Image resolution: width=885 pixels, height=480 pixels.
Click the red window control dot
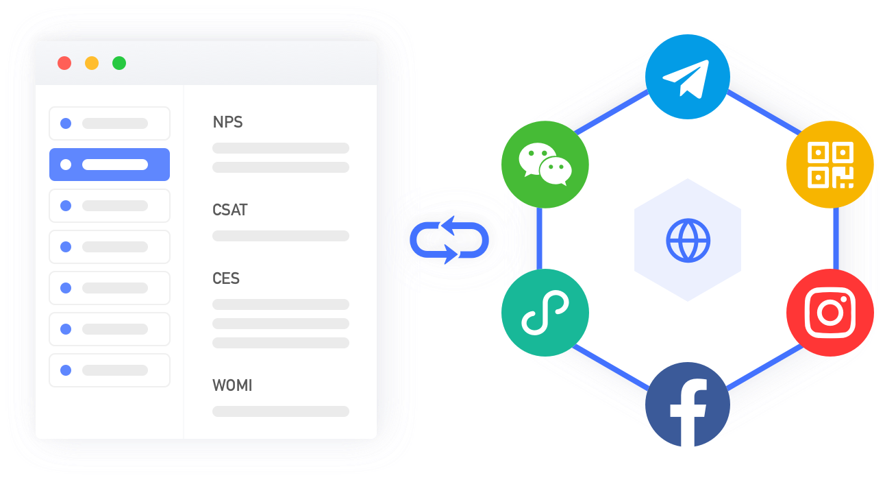64,63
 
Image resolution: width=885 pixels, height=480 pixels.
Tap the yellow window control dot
92,63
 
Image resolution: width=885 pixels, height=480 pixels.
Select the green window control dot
119,63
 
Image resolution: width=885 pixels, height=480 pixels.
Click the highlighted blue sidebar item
110,165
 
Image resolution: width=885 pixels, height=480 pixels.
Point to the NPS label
227,122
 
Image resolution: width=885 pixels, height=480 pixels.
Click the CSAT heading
230,210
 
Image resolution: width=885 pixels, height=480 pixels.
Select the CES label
226,278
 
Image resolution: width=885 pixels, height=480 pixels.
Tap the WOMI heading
232,385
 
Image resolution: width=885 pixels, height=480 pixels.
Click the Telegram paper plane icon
688,77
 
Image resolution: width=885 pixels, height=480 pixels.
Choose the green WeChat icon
545,165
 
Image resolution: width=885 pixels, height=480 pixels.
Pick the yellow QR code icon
830,165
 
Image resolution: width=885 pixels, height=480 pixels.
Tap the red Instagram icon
830,313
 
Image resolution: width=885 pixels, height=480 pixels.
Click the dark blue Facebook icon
688,405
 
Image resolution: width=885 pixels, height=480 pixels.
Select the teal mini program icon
545,313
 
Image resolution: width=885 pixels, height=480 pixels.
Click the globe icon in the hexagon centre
688,241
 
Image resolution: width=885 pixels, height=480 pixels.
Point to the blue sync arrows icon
449,240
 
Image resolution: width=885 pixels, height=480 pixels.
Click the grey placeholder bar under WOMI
281,411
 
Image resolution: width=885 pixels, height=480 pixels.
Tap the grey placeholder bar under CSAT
281,236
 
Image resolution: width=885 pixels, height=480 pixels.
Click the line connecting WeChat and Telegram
611,112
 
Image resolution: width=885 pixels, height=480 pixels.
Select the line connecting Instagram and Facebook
764,368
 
